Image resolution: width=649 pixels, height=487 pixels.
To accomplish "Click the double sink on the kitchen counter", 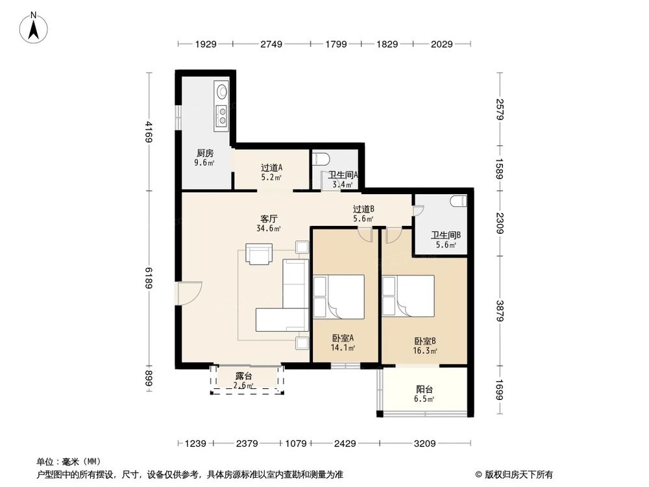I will click(221, 114).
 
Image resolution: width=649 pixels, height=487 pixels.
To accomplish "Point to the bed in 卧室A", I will click(339, 297).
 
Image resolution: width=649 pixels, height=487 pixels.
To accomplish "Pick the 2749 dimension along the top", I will click(271, 44).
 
